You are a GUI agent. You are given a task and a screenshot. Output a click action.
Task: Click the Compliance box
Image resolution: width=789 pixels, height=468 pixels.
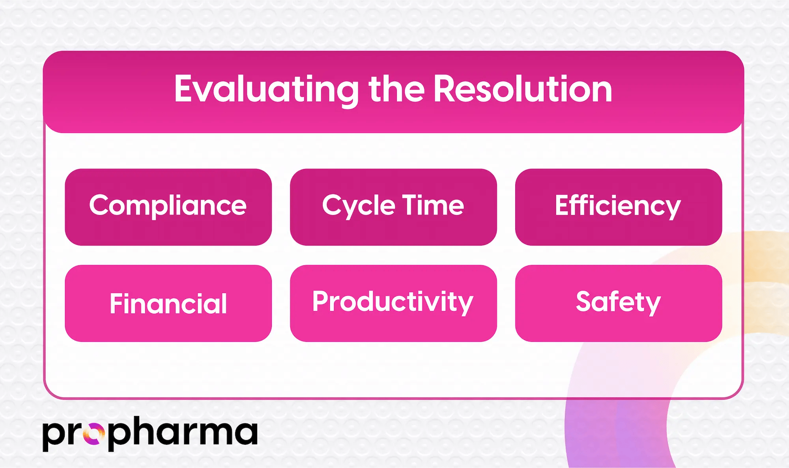tap(168, 207)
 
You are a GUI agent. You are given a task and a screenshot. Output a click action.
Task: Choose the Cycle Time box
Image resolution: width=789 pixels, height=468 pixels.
tap(393, 207)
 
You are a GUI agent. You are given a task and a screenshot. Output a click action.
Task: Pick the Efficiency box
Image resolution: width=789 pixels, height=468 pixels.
tap(618, 207)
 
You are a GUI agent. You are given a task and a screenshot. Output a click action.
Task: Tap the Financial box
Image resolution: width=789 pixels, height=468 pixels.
tap(168, 303)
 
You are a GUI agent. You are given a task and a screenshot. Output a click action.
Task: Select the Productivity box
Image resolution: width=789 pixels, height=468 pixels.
tap(393, 303)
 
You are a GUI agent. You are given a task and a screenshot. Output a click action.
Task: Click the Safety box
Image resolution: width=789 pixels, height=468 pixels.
tap(618, 303)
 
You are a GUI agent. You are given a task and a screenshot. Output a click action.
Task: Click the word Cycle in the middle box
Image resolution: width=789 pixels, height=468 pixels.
tap(358, 206)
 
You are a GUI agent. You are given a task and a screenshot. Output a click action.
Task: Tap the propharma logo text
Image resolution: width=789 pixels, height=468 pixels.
tap(150, 433)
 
